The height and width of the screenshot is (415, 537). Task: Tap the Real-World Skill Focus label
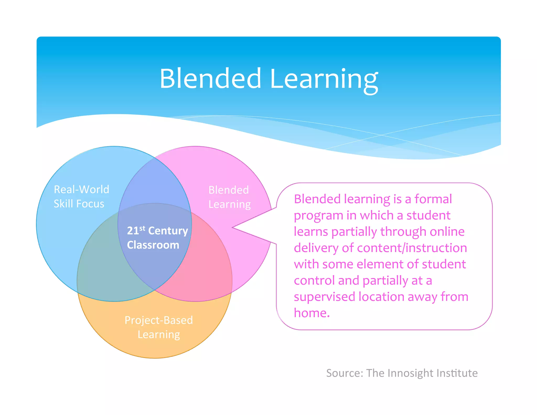point(81,196)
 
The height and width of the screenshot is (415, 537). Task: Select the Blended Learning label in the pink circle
point(229,197)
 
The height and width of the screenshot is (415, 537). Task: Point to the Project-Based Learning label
point(159,327)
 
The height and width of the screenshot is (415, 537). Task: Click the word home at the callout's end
point(312,313)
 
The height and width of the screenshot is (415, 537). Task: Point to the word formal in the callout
point(433,199)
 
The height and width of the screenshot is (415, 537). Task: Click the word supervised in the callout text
point(324,297)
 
